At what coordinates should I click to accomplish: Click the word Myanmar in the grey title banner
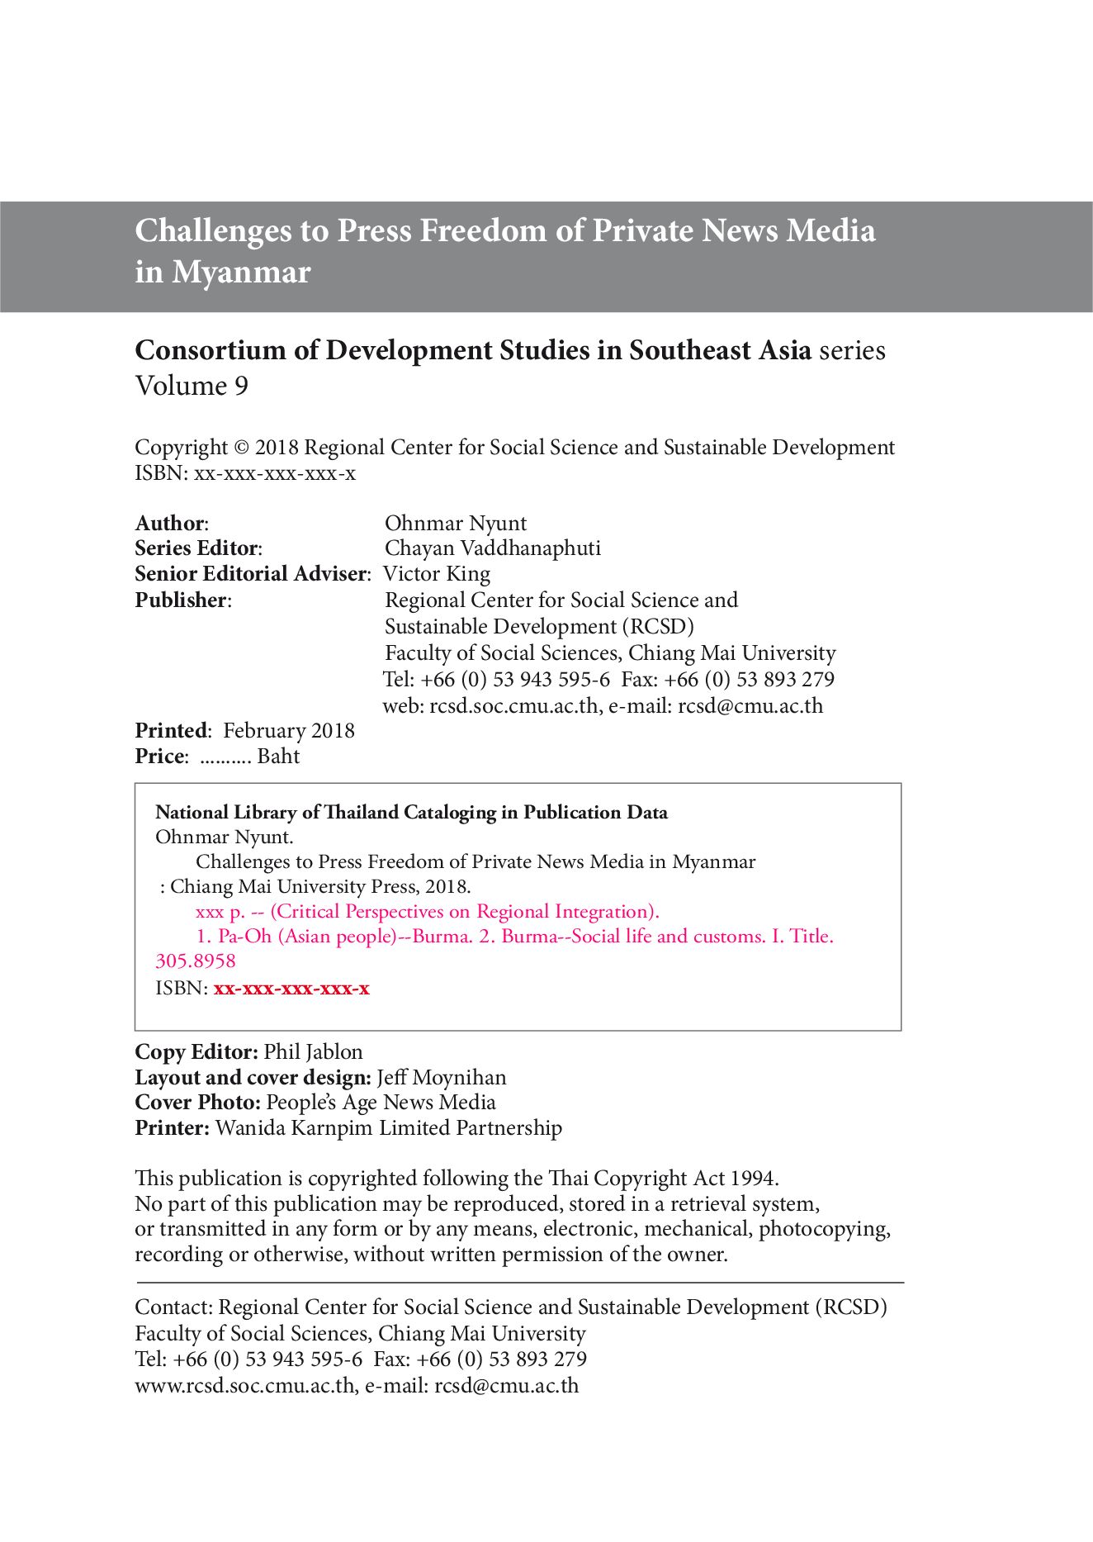coord(241,272)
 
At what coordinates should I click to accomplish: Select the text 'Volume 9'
coord(192,386)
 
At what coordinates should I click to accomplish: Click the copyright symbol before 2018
coord(241,448)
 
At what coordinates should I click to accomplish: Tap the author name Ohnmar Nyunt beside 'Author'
coord(455,523)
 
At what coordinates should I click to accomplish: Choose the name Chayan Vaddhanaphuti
coord(493,548)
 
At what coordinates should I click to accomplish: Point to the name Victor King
coord(437,574)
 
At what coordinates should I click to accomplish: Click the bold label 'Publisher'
coord(181,600)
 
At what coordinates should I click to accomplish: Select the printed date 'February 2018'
coord(289,731)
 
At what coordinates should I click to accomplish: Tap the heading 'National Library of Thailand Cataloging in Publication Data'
coord(411,813)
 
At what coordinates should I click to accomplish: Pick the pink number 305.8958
coord(196,961)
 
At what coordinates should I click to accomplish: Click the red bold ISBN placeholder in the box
coord(291,989)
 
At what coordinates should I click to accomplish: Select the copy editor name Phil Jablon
coord(313,1052)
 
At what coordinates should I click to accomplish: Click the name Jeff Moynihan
coord(442,1078)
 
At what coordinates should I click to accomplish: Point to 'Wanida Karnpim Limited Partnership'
coord(388,1128)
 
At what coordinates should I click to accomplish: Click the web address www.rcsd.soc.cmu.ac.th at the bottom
coord(245,1385)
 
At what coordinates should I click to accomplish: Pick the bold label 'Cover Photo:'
coord(198,1103)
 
